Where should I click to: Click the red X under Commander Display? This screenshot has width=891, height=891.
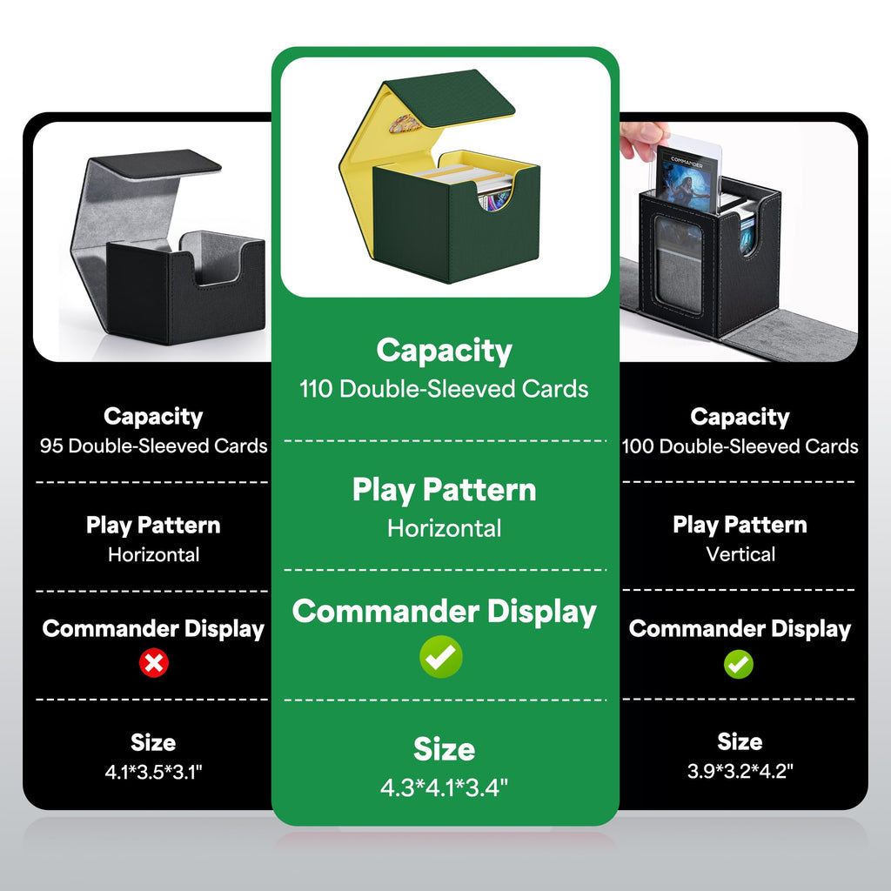click(x=153, y=662)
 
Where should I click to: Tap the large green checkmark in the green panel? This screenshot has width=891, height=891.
click(x=441, y=657)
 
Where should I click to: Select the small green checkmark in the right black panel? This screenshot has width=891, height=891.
click(x=739, y=664)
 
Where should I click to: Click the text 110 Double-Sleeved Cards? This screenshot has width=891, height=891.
click(x=444, y=389)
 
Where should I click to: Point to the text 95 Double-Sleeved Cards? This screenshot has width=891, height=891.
click(x=153, y=445)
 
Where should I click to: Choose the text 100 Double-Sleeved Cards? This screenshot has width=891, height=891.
click(x=740, y=446)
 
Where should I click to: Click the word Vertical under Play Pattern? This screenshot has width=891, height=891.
click(x=740, y=554)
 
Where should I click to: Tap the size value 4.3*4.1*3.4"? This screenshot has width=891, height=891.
click(x=444, y=787)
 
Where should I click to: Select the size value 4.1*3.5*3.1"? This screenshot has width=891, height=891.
click(x=153, y=772)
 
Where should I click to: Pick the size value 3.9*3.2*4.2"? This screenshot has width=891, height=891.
click(x=740, y=771)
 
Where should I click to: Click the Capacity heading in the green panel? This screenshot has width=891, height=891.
click(x=444, y=351)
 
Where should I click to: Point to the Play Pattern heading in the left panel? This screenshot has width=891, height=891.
click(x=153, y=526)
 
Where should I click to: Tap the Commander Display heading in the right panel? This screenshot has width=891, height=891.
click(x=740, y=629)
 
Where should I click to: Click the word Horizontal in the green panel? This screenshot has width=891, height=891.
click(x=445, y=528)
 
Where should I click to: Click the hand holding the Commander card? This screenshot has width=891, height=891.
click(x=642, y=139)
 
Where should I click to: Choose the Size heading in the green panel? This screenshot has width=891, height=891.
click(x=444, y=749)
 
